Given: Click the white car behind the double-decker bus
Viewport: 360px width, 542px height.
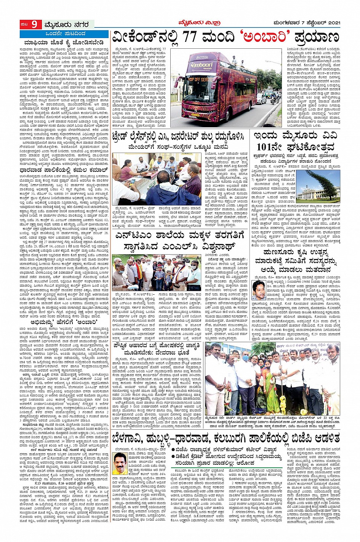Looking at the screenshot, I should coord(261,99).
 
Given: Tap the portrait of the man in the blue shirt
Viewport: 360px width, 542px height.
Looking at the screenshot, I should coord(259,291).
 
